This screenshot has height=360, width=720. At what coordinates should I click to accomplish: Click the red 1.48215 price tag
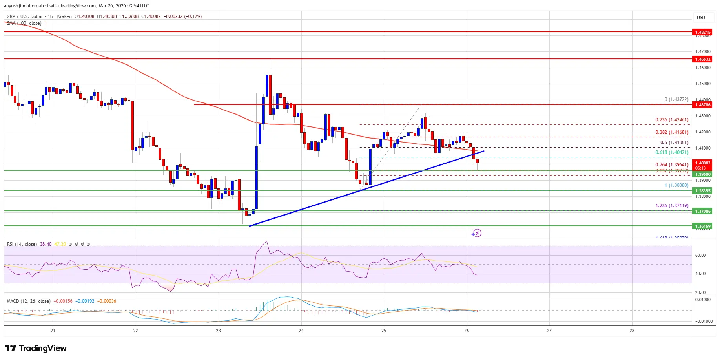[x=703, y=32]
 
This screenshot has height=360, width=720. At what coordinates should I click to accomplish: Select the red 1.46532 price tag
[x=703, y=59]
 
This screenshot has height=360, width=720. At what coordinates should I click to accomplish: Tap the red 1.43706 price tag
[x=703, y=105]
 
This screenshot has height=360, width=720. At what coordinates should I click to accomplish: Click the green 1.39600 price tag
[x=703, y=174]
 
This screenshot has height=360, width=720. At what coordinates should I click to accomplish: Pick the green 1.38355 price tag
[x=703, y=191]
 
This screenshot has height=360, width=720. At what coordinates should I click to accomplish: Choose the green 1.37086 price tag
[x=703, y=211]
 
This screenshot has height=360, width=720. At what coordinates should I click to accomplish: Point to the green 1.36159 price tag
[x=703, y=226]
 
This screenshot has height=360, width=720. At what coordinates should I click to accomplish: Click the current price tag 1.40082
[x=703, y=163]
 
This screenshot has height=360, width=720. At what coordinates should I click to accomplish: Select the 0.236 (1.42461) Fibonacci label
[x=672, y=120]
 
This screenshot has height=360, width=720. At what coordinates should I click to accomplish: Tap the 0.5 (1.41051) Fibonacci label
[x=674, y=143]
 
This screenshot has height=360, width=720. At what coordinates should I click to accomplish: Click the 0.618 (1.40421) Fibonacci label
[x=672, y=152]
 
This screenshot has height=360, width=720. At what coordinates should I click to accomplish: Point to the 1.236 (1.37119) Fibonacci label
[x=672, y=206]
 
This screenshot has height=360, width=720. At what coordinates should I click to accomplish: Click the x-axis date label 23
[x=218, y=331]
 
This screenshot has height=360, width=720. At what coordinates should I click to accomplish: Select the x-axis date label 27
[x=549, y=331]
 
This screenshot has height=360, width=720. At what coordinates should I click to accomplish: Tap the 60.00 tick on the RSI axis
[x=700, y=255]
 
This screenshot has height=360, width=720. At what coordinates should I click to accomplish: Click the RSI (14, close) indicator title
[x=22, y=244]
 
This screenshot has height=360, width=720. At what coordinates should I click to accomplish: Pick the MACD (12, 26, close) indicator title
[x=29, y=301]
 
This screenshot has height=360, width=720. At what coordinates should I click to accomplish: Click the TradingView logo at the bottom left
[x=36, y=348]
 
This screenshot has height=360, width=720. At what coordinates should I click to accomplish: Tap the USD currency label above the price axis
[x=701, y=18]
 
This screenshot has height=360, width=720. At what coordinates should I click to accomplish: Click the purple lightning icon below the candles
[x=476, y=233]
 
